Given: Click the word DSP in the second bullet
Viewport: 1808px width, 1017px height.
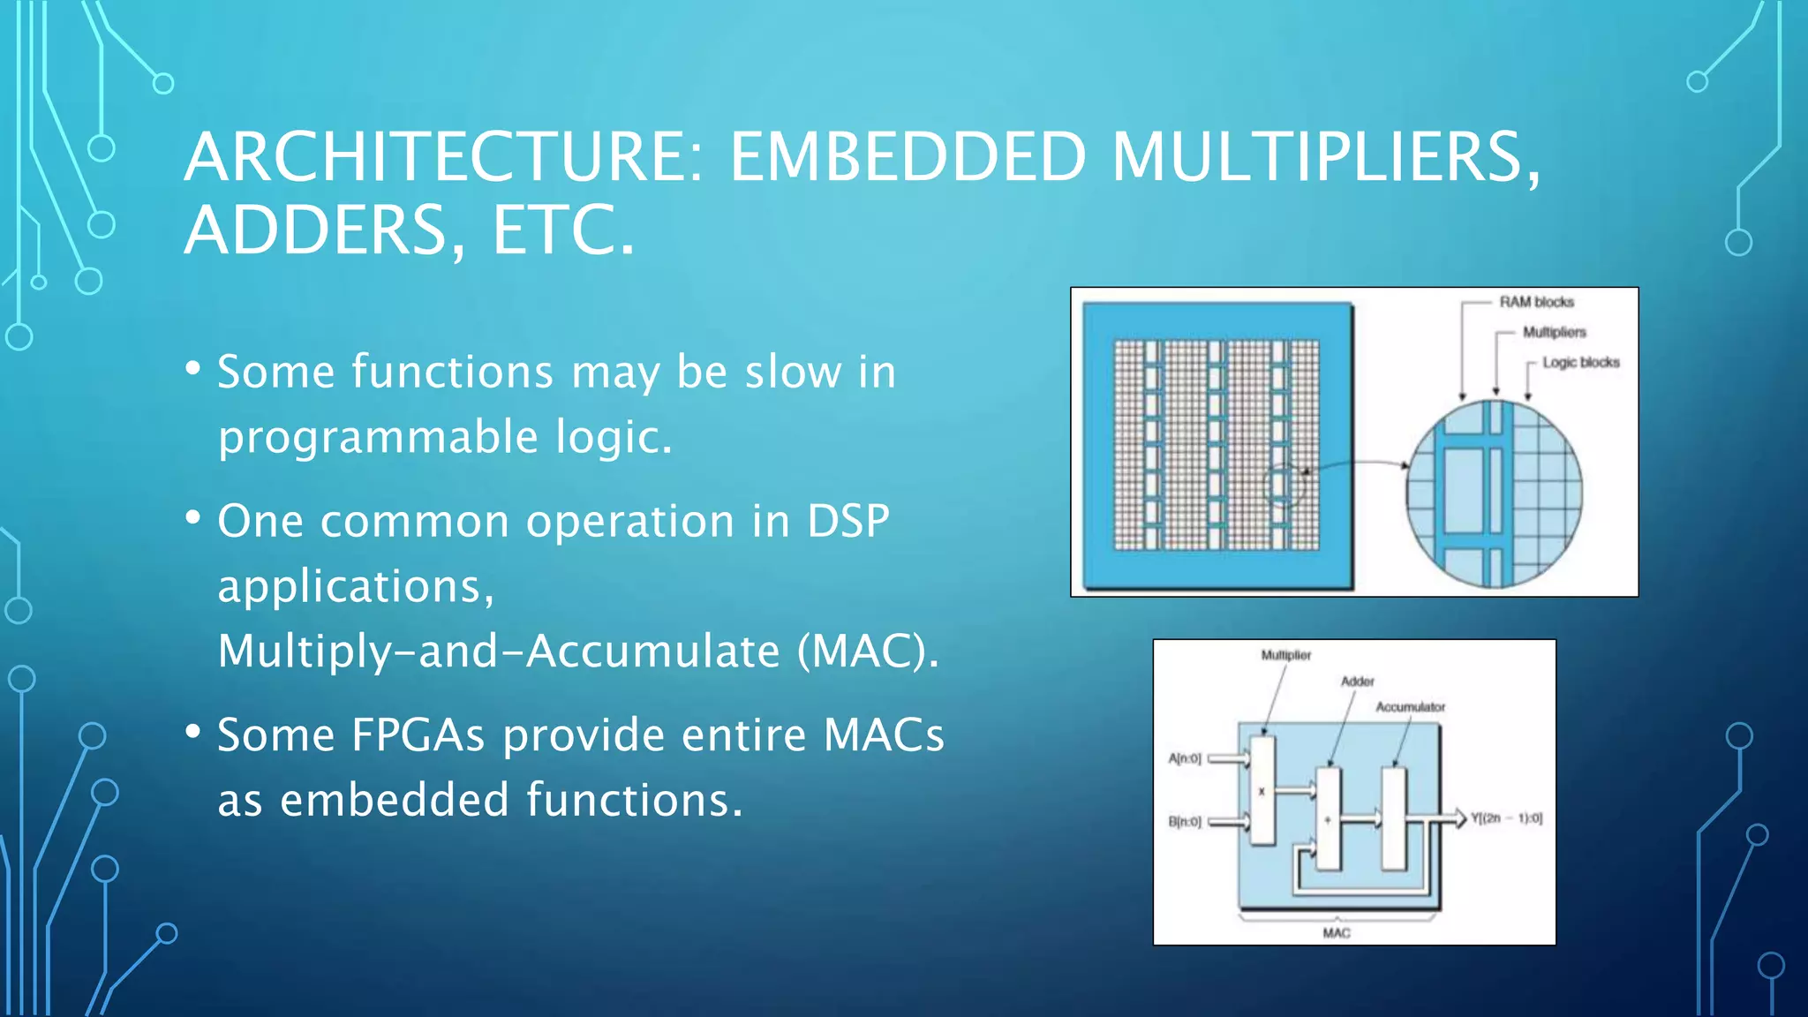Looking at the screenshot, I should (847, 521).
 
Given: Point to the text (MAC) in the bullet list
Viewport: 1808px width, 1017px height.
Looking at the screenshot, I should (868, 652).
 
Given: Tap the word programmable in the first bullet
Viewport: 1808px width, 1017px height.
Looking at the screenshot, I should (378, 437).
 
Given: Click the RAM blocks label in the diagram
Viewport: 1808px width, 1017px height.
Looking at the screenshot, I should (1536, 302).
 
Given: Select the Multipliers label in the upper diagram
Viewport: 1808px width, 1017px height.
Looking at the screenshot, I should (1554, 332).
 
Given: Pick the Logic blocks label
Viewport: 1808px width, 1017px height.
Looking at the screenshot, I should (1580, 362).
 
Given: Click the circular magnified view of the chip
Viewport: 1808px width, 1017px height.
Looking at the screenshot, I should (1494, 494).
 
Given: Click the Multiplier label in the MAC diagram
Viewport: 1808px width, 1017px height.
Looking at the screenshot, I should (1285, 655).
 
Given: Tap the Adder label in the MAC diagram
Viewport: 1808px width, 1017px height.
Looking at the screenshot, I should (1357, 682).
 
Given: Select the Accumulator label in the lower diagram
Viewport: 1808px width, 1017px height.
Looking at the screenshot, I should (1410, 707).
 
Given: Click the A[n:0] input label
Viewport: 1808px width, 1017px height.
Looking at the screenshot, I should (1185, 758).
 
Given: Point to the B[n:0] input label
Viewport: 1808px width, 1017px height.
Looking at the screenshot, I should (1185, 822).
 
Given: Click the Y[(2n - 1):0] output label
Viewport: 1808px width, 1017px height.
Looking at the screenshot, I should (1506, 818).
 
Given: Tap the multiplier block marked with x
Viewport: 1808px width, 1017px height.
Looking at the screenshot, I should (1262, 790).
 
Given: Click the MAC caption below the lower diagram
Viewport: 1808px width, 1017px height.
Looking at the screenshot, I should (1336, 933).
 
